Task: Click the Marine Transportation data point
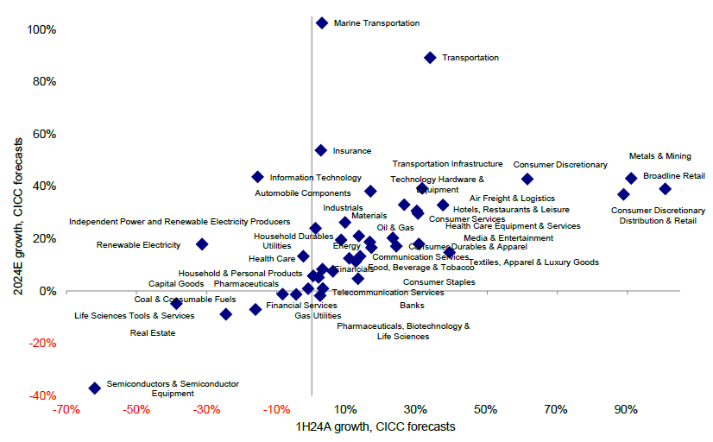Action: [322, 23]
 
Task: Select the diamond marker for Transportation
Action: [430, 57]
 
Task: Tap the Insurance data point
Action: [321, 150]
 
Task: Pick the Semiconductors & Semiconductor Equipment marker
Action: [95, 388]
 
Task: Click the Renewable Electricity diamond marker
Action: [202, 244]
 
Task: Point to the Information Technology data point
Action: [257, 177]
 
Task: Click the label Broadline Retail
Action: [674, 175]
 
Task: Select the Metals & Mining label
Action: [660, 156]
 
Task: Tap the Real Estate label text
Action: [153, 332]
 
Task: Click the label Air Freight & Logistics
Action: [513, 199]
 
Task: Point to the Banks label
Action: [412, 306]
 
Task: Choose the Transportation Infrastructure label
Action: [447, 164]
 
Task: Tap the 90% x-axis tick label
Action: [626, 408]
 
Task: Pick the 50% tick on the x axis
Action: [485, 408]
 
